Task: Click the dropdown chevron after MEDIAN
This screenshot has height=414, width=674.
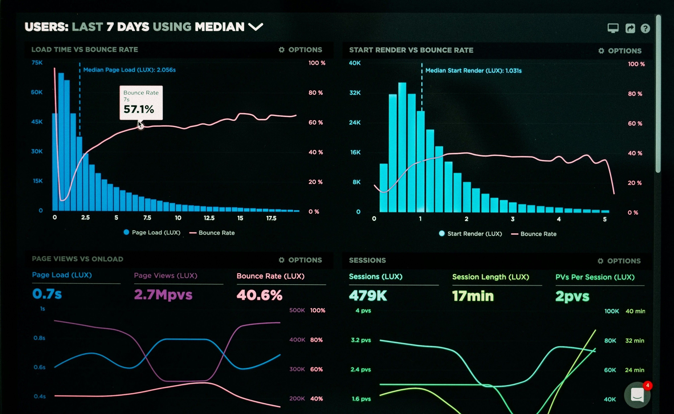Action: click(256, 27)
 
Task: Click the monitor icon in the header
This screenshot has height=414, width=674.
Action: click(613, 28)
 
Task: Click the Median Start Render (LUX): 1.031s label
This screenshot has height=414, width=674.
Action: click(473, 71)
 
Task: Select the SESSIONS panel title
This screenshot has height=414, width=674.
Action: click(367, 260)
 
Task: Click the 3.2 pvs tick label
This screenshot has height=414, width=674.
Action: click(361, 340)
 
